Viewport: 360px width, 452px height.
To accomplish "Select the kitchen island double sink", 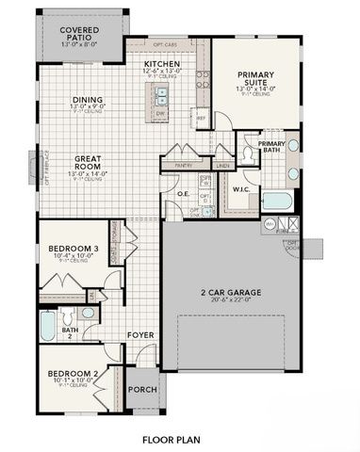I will (x=161, y=94).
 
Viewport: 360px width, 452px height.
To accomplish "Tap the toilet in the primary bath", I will (x=292, y=147).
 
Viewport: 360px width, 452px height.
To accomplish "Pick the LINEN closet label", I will (x=222, y=166).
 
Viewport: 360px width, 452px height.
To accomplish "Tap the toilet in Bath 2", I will (x=88, y=312).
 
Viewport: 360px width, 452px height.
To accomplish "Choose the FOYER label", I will (x=140, y=334).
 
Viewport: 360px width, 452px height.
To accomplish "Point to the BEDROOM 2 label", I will (x=74, y=374).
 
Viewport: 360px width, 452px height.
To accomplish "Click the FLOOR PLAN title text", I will (x=171, y=439).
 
